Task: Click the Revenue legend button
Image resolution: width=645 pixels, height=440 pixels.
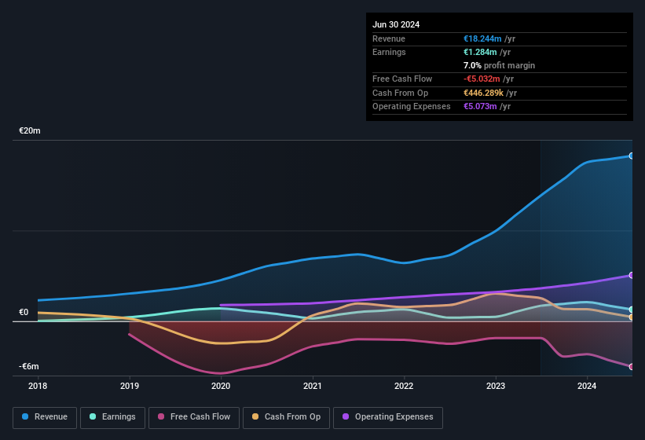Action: [45, 416]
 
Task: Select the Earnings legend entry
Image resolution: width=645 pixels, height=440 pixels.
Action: [112, 416]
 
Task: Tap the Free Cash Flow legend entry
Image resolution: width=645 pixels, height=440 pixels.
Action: [193, 416]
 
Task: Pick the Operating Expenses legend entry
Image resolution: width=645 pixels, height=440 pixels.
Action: [387, 416]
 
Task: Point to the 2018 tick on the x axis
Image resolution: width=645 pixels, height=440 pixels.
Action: [38, 386]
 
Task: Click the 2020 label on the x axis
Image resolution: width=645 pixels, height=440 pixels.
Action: [221, 386]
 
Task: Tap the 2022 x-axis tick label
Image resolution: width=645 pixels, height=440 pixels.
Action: [404, 386]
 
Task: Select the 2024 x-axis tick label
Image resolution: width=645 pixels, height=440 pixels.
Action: [587, 386]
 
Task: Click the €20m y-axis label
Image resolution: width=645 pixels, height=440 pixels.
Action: [30, 130]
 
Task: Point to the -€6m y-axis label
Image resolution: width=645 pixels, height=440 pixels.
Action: [29, 366]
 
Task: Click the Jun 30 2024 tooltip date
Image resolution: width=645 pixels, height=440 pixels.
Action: [396, 24]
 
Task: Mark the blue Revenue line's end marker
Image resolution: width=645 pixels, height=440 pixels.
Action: [632, 156]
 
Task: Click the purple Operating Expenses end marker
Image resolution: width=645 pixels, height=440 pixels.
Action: [632, 275]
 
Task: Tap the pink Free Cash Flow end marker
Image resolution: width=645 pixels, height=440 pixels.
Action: [632, 367]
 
